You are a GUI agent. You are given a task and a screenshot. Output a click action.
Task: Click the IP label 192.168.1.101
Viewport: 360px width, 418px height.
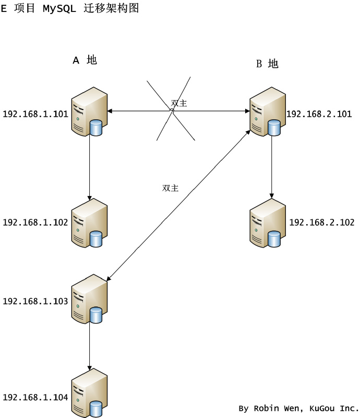35,114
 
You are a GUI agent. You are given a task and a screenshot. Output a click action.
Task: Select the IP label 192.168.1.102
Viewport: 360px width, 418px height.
35,223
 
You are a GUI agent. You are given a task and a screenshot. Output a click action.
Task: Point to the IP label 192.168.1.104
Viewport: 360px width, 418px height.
35,397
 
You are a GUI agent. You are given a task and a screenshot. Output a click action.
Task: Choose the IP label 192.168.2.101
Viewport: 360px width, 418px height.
319,114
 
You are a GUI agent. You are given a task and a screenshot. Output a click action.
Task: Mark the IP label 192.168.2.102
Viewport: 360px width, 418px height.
321,223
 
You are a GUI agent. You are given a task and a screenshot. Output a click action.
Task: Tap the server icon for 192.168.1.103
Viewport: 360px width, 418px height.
89,301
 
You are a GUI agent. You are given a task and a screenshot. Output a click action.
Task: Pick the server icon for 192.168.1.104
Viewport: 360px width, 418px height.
89,394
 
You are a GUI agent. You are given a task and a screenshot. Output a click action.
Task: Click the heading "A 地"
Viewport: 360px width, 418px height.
85,60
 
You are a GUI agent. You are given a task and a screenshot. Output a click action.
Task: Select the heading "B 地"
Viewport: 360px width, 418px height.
267,64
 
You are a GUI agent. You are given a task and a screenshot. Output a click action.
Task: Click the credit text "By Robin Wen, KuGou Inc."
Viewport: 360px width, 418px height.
298,408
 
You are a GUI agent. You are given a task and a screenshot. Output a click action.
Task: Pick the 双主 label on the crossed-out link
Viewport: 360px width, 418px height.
179,103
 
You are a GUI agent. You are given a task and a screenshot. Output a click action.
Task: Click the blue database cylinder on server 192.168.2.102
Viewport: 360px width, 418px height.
274,238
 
